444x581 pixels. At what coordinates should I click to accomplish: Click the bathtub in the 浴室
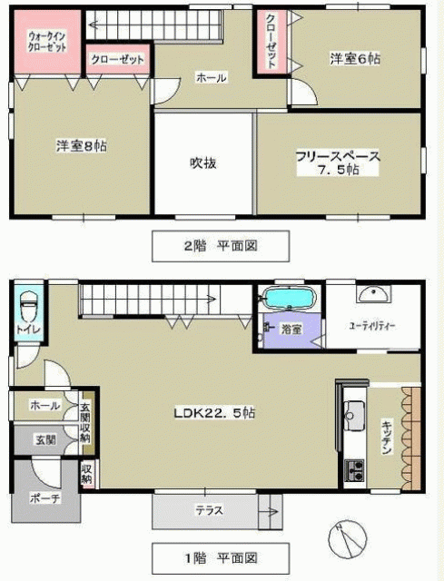tap(289, 299)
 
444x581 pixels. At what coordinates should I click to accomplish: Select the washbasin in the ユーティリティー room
tap(373, 294)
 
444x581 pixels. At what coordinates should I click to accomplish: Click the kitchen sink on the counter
tap(354, 415)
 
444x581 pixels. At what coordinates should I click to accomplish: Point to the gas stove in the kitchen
tap(354, 470)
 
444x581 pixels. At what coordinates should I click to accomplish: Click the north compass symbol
tap(348, 539)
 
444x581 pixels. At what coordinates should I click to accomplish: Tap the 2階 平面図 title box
tap(221, 246)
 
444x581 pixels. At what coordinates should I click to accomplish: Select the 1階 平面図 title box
tap(221, 558)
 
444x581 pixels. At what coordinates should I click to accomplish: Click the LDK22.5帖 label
tap(214, 413)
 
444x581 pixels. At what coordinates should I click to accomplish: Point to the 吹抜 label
tap(203, 163)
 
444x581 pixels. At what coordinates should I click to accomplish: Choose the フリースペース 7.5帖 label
tap(338, 162)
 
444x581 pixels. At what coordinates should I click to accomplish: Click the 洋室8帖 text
tap(82, 145)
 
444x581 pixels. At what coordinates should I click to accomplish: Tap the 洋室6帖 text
tap(355, 59)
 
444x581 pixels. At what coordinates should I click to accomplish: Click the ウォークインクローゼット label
tap(47, 42)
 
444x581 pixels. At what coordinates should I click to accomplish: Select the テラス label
tap(210, 510)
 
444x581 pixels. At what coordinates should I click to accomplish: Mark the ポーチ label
tap(45, 498)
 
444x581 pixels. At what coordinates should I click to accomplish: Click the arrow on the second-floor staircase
tap(155, 25)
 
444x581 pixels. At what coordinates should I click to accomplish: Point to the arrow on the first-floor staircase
tap(148, 299)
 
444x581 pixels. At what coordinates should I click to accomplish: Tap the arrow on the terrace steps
tap(269, 512)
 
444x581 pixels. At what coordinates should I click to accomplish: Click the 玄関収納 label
tap(86, 422)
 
